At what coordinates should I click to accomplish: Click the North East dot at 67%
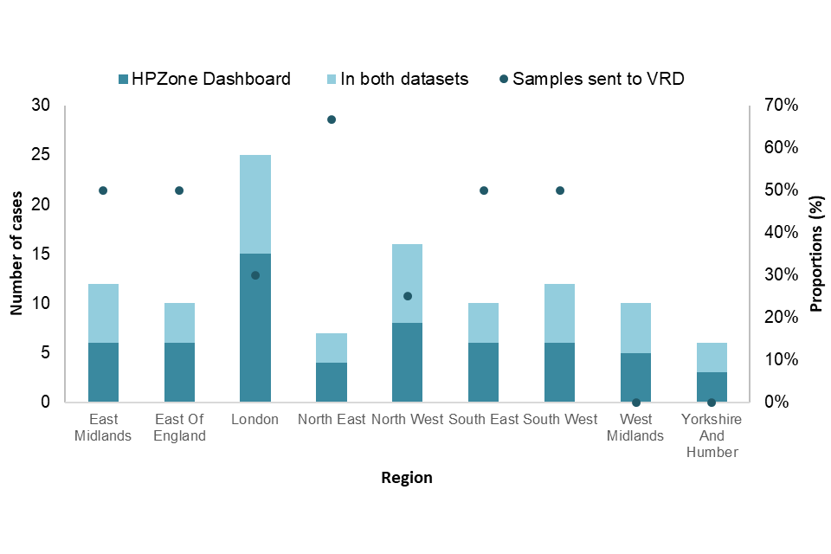(332, 119)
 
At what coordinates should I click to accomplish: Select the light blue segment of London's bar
(255, 204)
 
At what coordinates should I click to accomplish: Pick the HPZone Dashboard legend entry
(204, 79)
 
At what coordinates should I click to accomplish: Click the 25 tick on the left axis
(42, 155)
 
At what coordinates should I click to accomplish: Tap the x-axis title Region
(406, 478)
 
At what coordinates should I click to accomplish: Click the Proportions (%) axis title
(815, 254)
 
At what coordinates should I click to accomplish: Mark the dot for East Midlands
(103, 190)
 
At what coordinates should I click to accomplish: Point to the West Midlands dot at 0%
(635, 403)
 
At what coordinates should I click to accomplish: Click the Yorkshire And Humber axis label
(712, 435)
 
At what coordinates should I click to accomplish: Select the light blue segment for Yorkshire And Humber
(712, 358)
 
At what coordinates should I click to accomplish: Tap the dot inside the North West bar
(408, 296)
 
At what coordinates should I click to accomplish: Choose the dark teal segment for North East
(332, 383)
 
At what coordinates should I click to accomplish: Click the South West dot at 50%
(560, 190)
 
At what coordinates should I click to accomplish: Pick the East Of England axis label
(179, 428)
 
